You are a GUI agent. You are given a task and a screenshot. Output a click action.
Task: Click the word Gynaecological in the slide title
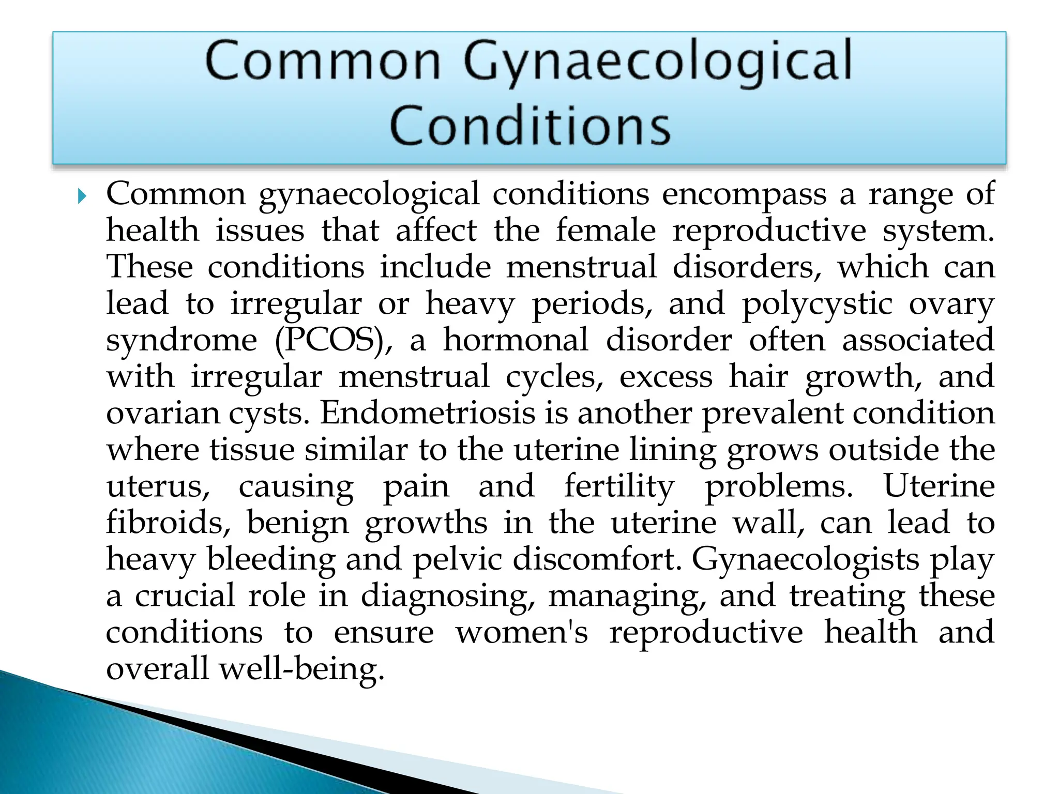tap(657, 63)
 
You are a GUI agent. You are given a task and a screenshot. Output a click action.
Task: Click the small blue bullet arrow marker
tap(81, 196)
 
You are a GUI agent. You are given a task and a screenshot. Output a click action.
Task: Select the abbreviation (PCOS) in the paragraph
tap(333, 341)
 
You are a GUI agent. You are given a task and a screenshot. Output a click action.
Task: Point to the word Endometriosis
tap(427, 414)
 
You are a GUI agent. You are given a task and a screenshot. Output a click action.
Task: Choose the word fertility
tap(619, 487)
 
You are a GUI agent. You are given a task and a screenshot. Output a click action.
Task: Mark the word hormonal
tap(516, 340)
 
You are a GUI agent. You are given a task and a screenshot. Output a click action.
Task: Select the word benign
tap(297, 524)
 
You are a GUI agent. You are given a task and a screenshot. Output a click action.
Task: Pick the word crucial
tap(185, 596)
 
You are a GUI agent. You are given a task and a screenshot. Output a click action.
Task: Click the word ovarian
tap(162, 414)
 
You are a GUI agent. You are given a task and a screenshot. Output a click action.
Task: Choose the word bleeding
tap(271, 559)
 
